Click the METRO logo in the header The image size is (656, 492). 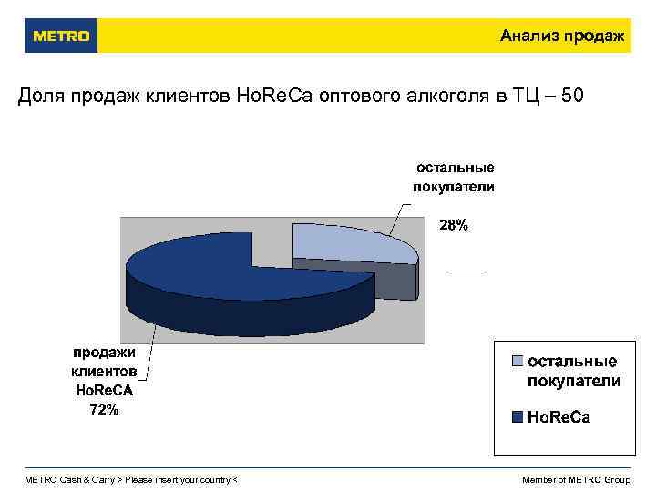click(x=61, y=36)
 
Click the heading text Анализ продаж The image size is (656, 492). click(x=561, y=36)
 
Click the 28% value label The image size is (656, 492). click(x=454, y=225)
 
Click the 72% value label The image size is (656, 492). click(x=104, y=410)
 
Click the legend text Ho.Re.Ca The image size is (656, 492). click(x=559, y=417)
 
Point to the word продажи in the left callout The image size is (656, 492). click(x=104, y=353)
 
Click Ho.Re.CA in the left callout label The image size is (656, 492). click(x=104, y=391)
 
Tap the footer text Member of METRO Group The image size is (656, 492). click(x=576, y=480)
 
